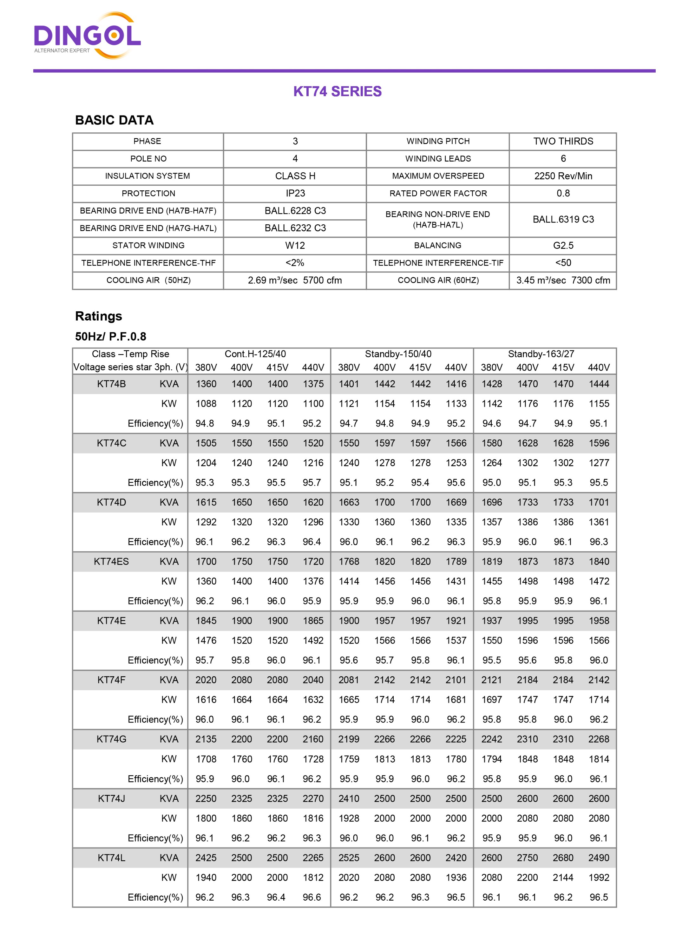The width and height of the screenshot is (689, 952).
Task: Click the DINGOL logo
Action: coord(87,36)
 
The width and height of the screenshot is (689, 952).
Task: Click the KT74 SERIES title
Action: coord(338,91)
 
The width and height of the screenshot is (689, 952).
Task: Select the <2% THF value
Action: coord(295,263)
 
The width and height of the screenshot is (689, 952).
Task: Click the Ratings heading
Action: coord(99,316)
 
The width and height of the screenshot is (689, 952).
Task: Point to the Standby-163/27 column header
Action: coord(541,354)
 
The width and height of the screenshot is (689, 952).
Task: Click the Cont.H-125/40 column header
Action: coord(255,354)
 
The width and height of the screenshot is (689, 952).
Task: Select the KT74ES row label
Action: coord(111,562)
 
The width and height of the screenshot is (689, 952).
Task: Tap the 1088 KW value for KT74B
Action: coord(206,404)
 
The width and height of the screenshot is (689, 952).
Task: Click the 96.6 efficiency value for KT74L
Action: coord(312,897)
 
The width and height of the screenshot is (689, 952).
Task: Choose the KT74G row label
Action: coord(111,739)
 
